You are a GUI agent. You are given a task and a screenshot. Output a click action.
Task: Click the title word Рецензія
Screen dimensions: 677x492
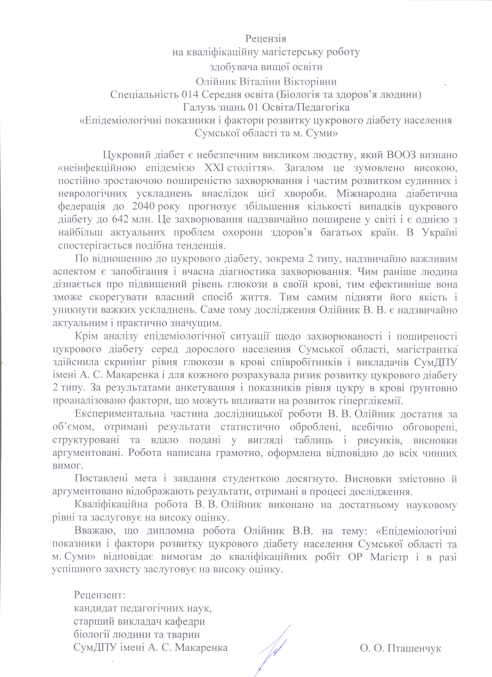click(265, 39)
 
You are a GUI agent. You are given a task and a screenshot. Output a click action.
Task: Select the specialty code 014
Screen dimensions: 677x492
click(190, 95)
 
